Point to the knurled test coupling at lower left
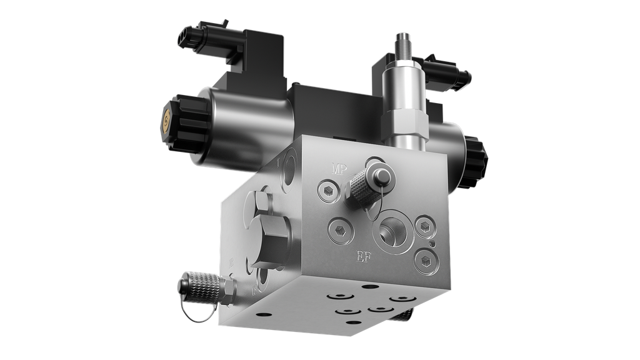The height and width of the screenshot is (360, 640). point(200,287)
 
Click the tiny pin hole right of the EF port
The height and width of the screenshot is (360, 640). point(431,242)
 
